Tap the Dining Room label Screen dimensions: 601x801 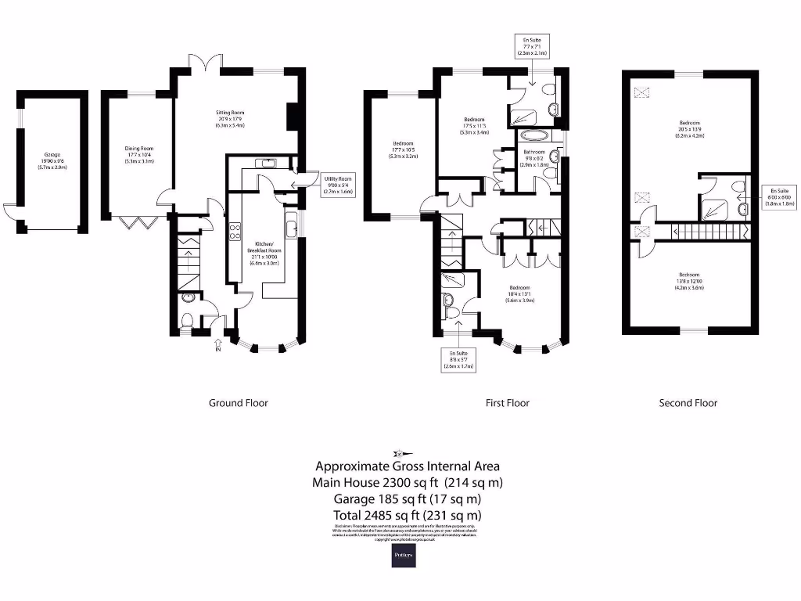139,154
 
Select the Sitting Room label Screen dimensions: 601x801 231,118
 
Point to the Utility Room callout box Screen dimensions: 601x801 338,185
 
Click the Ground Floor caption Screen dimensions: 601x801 238,403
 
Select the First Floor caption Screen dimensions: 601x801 507,403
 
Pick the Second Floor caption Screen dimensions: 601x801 688,403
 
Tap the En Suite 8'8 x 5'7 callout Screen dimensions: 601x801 459,359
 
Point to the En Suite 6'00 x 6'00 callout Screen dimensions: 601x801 780,197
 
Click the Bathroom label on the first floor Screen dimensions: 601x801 534,156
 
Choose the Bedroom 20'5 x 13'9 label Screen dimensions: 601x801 689,128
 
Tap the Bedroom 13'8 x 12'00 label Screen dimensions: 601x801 689,281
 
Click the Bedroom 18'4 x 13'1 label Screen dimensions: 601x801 519,293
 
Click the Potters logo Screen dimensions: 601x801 404,555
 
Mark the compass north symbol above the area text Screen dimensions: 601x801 400,452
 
